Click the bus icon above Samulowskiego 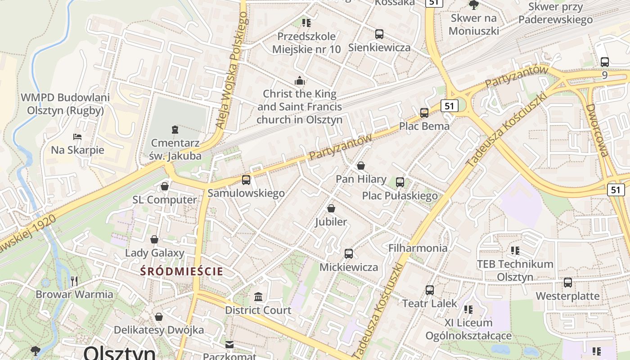[x=246, y=180]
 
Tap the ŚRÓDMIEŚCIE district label [x=182, y=271]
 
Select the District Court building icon [x=258, y=297]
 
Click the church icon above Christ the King [x=299, y=81]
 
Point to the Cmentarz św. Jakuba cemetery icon [x=175, y=130]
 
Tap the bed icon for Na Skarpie [x=77, y=136]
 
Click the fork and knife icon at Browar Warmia [x=74, y=281]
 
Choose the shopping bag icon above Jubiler [x=331, y=208]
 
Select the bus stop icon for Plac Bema [x=424, y=113]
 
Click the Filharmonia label [x=418, y=248]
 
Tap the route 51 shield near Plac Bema [x=449, y=106]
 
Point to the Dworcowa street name [x=597, y=130]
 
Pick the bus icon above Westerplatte [x=568, y=283]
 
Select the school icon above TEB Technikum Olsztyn [x=515, y=250]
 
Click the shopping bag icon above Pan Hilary [x=360, y=166]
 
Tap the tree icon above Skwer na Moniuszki [x=473, y=5]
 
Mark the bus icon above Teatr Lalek [x=430, y=290]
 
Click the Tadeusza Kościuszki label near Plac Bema [x=506, y=130]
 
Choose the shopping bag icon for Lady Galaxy [x=154, y=239]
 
